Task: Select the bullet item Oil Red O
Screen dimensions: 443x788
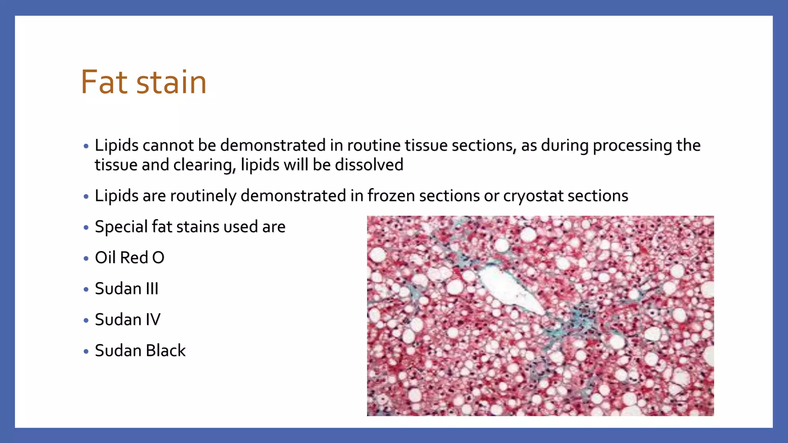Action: coord(129,258)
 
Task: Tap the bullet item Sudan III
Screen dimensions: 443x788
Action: coord(127,288)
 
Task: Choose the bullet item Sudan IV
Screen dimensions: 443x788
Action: coord(127,320)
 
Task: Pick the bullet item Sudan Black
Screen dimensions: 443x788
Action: coord(140,351)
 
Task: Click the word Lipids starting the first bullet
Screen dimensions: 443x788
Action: coord(117,145)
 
